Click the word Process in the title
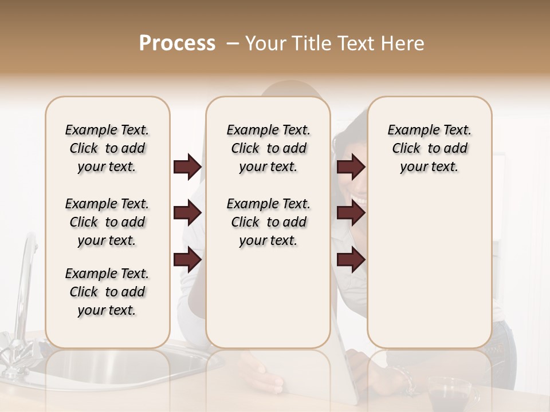click(x=177, y=43)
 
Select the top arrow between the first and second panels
click(x=187, y=167)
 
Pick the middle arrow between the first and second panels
click(x=187, y=213)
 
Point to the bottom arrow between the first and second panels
click(x=187, y=260)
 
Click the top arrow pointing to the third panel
click(x=351, y=167)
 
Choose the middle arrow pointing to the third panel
click(x=351, y=213)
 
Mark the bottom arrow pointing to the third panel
click(x=351, y=260)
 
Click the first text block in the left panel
click(x=107, y=148)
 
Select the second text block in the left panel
click(x=107, y=222)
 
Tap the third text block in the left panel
click(x=107, y=292)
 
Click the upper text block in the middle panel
click(x=268, y=148)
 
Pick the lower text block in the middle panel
click(x=268, y=222)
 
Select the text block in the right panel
click(x=429, y=148)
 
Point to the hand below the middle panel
click(x=261, y=375)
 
